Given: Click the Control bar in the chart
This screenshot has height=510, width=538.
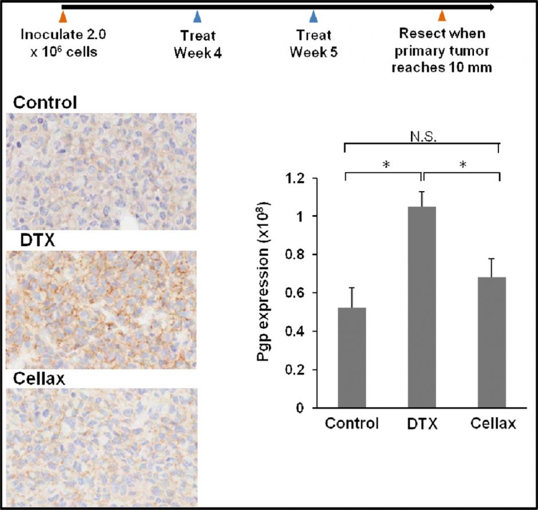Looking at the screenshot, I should pos(352,358).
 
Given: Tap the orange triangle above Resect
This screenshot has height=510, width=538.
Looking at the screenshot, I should pos(441,16).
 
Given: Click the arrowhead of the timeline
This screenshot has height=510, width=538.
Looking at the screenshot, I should pos(491,7).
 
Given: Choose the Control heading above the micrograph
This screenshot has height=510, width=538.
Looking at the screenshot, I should pos(45,103).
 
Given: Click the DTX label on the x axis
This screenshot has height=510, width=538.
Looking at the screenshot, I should pos(423,424).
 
